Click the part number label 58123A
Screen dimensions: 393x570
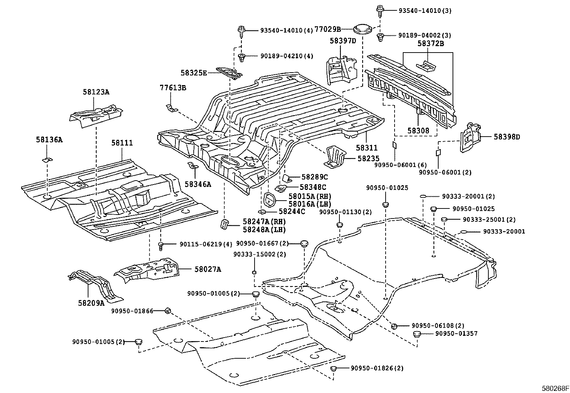[96, 92]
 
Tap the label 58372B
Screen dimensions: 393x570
[430, 44]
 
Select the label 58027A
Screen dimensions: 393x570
[208, 269]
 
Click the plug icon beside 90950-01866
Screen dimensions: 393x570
[167, 311]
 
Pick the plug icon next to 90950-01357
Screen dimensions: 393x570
[417, 334]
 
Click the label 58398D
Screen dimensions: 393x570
[507, 137]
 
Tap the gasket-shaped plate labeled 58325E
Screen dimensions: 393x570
[229, 73]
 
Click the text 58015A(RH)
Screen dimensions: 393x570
[310, 196]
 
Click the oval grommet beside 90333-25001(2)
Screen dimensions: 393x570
[444, 220]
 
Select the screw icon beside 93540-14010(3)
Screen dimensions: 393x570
[380, 11]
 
